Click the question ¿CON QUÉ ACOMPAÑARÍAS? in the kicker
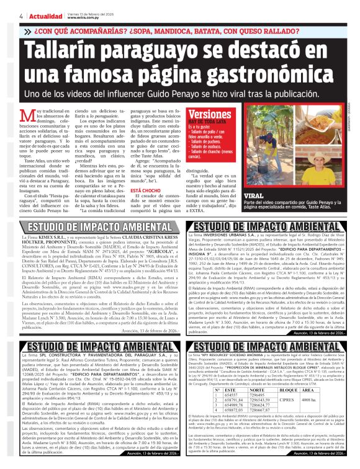[x=73, y=30]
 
